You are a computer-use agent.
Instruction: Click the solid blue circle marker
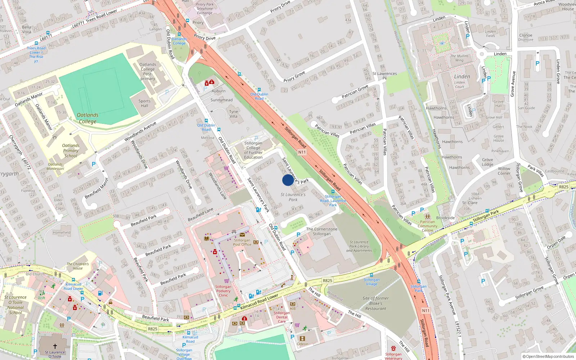(x=288, y=180)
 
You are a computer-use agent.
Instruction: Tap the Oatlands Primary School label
(x=71, y=151)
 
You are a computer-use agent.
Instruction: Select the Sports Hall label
(x=144, y=103)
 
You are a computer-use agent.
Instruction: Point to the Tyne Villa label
(x=234, y=114)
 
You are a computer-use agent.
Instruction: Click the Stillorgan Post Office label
(x=242, y=242)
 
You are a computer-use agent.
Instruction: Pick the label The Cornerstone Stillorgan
(x=322, y=231)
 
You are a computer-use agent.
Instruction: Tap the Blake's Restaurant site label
(x=375, y=303)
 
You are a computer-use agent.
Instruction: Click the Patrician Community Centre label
(x=427, y=226)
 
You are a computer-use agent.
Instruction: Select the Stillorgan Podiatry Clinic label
(x=223, y=291)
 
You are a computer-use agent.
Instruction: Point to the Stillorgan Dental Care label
(x=282, y=317)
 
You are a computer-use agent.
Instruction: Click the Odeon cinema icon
(x=302, y=338)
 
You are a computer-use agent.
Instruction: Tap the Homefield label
(x=62, y=233)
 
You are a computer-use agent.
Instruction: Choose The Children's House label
(x=77, y=266)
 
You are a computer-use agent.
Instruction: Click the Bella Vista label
(x=27, y=29)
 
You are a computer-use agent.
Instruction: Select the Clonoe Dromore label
(x=526, y=37)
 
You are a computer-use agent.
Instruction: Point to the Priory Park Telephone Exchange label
(x=204, y=9)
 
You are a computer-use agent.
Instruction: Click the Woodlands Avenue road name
(x=140, y=131)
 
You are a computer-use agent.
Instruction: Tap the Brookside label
(x=445, y=218)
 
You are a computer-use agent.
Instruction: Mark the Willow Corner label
(x=504, y=171)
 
